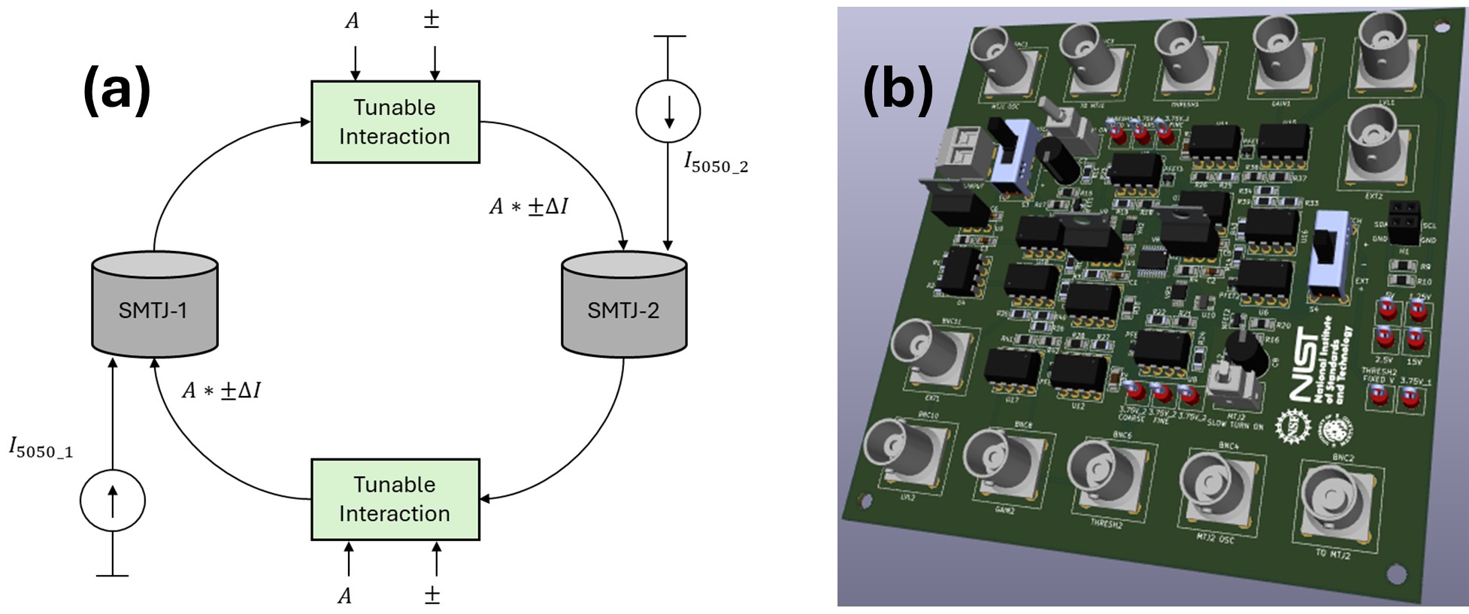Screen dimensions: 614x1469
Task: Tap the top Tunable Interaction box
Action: tap(395, 122)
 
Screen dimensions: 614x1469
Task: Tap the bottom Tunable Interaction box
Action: tap(395, 499)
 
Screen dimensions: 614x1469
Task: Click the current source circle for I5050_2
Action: tap(668, 111)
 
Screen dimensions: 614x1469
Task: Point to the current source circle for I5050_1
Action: tap(113, 501)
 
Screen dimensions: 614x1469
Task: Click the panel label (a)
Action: tap(117, 89)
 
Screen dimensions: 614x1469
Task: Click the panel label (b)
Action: tap(898, 89)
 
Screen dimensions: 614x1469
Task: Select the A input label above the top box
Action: tap(352, 21)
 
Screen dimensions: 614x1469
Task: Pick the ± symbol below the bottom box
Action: tap(432, 595)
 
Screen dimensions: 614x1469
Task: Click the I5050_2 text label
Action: tap(715, 162)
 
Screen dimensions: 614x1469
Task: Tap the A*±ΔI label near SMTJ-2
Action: tap(529, 206)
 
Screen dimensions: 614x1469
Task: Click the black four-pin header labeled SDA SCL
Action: tap(1404, 222)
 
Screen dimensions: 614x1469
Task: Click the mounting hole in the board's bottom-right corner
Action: tap(1396, 575)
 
